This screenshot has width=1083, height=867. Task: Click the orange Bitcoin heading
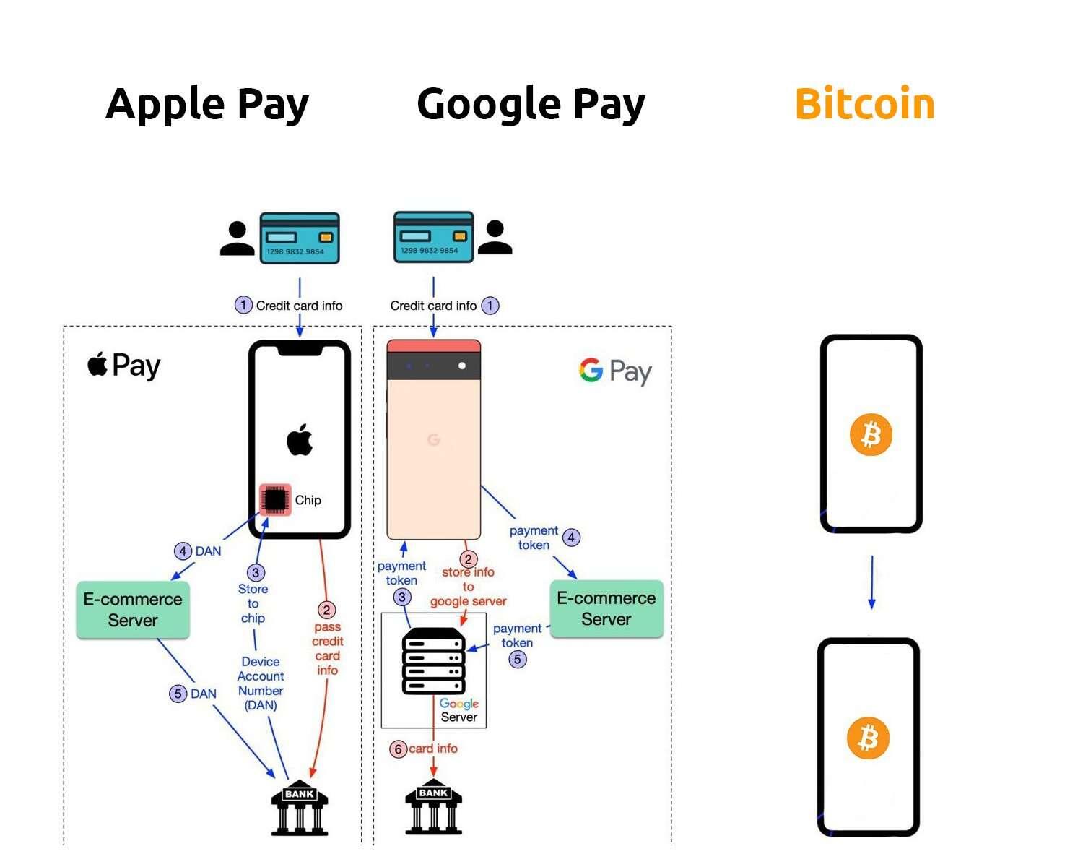click(864, 103)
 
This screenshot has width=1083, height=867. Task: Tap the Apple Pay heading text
click(206, 104)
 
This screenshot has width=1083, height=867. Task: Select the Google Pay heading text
click(531, 104)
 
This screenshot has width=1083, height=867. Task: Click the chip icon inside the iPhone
click(275, 499)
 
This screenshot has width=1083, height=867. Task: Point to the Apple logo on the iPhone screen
click(300, 440)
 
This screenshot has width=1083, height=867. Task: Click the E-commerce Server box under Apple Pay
click(133, 610)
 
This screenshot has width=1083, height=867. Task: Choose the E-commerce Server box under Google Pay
click(606, 608)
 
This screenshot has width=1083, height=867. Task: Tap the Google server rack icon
click(433, 661)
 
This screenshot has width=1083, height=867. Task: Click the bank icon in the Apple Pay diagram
click(300, 808)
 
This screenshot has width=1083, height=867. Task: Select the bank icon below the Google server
click(433, 806)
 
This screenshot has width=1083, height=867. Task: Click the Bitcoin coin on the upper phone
click(871, 434)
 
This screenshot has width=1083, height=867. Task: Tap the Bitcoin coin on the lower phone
click(868, 738)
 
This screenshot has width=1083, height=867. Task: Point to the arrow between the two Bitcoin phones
click(871, 582)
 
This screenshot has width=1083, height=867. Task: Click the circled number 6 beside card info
click(398, 749)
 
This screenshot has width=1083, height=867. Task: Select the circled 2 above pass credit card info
click(326, 610)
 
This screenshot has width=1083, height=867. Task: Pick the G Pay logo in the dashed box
click(615, 371)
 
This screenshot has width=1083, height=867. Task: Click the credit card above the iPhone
click(300, 238)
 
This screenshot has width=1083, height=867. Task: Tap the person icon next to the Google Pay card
click(495, 237)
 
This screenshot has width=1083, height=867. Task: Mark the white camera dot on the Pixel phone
click(462, 366)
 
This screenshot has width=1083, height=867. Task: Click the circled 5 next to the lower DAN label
click(178, 693)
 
